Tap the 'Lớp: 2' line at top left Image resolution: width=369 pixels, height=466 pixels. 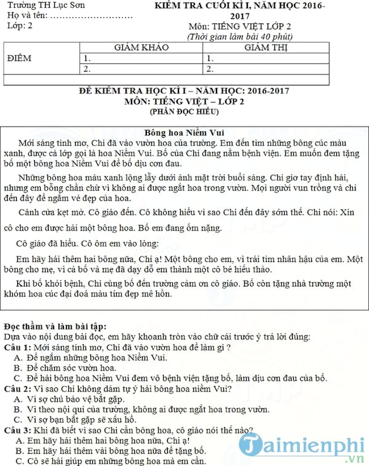[x=19, y=26]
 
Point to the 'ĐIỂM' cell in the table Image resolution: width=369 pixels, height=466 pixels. [x=18, y=58]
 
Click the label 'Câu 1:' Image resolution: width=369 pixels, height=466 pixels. [x=17, y=346]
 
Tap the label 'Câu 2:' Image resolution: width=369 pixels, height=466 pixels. [x=17, y=389]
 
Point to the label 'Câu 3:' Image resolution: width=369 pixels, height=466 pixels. [x=17, y=430]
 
